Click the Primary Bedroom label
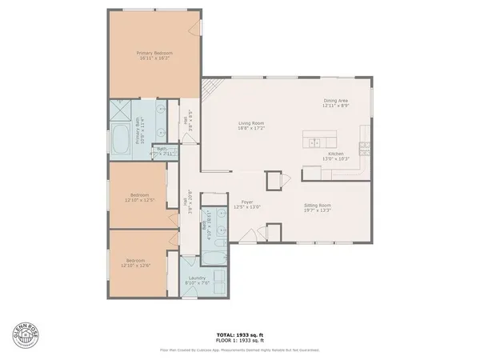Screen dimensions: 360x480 click(154, 53)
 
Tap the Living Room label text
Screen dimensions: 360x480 click(251, 123)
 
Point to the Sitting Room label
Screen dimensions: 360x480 click(318, 206)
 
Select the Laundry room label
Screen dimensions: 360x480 click(197, 278)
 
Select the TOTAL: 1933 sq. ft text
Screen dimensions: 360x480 click(240, 334)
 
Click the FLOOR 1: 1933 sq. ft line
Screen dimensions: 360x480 click(240, 340)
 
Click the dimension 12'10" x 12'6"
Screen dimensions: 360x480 click(135, 265)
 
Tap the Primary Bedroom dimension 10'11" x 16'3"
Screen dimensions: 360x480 click(154, 58)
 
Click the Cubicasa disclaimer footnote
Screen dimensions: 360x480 click(240, 350)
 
